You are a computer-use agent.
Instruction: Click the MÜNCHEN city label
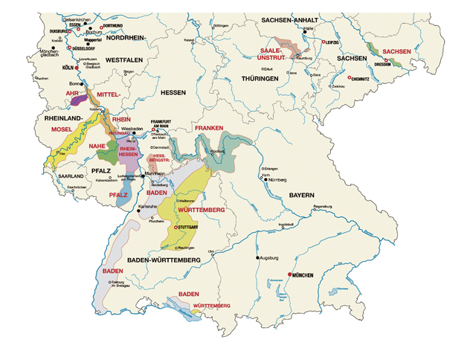[307, 276]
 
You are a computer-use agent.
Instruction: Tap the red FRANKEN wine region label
[209, 129]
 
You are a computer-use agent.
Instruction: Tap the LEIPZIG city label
[332, 43]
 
